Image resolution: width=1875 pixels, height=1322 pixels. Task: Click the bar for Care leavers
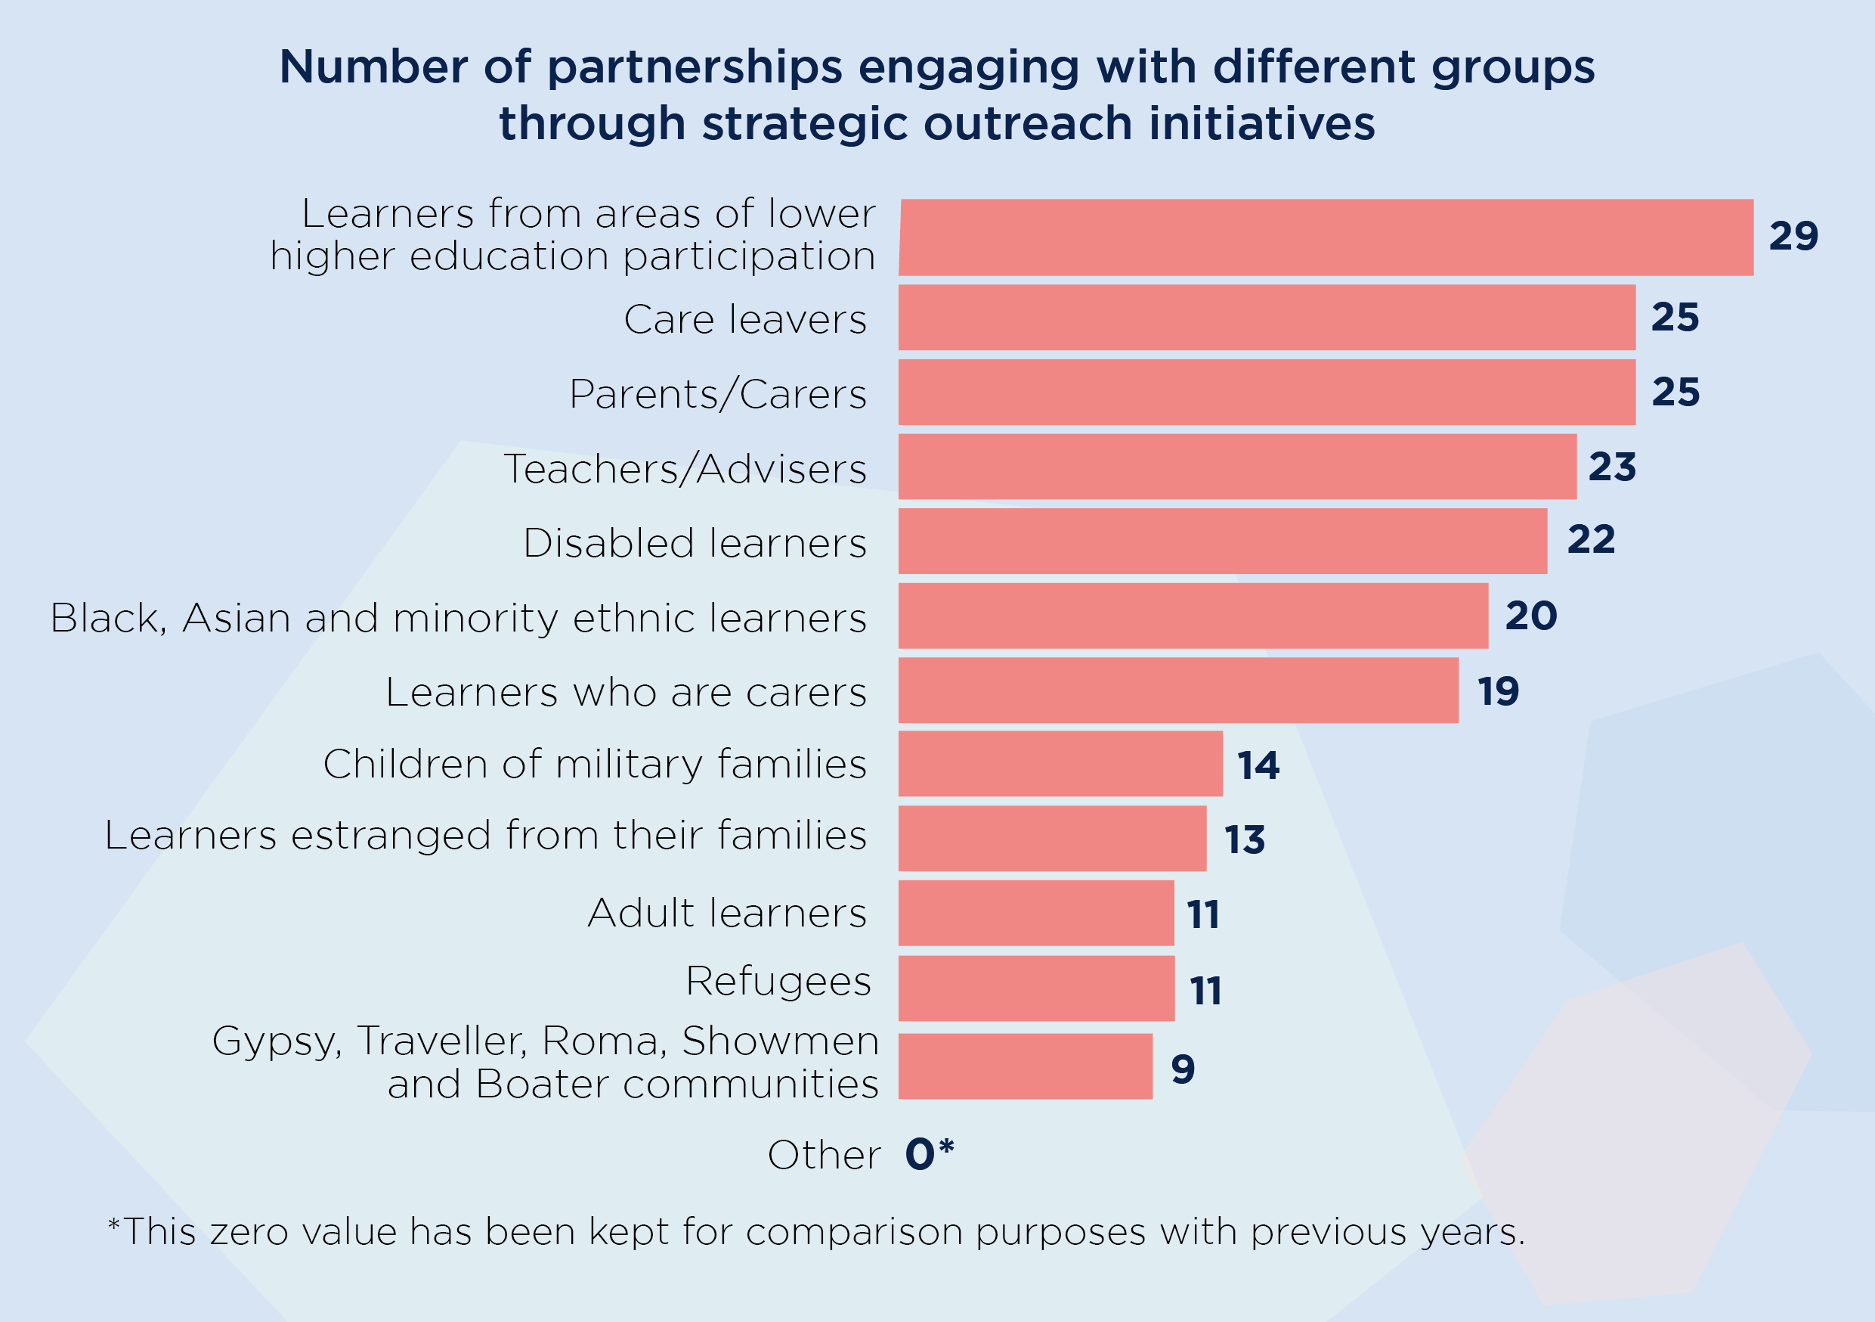tap(1266, 317)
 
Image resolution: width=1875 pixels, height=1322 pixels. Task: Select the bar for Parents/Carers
tap(1266, 393)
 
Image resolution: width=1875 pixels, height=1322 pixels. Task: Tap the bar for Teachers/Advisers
tap(1236, 467)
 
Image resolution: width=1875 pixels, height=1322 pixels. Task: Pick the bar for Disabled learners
tap(1222, 541)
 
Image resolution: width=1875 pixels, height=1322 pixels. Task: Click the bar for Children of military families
tap(1060, 764)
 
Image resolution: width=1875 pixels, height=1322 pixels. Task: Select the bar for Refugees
tap(1035, 988)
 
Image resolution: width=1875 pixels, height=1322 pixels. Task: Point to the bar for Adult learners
tap(1035, 914)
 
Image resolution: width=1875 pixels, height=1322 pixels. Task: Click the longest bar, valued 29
tap(1325, 237)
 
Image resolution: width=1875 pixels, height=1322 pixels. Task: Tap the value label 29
tap(1793, 236)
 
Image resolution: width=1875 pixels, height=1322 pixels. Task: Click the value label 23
tap(1612, 467)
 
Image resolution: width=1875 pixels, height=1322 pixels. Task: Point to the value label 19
tap(1498, 692)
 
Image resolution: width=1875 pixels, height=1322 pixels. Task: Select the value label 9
tap(1183, 1069)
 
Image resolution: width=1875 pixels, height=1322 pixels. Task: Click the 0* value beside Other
tap(930, 1153)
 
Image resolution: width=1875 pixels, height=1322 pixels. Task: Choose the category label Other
tap(823, 1156)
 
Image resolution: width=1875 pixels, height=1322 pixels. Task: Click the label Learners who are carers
tap(626, 693)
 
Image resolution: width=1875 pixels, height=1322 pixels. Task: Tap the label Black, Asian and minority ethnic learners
tap(458, 619)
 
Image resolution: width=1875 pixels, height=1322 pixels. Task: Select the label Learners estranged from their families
tap(485, 836)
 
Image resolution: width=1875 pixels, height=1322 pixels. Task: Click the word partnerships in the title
tap(694, 67)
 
